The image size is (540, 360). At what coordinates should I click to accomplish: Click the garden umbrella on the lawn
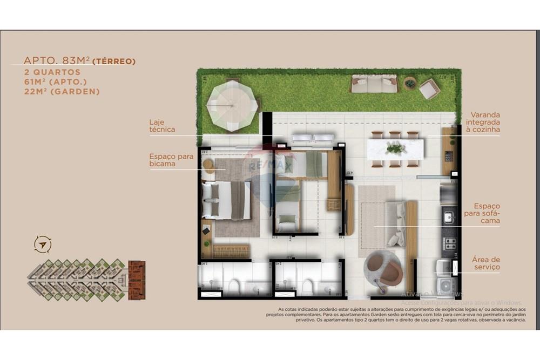232,105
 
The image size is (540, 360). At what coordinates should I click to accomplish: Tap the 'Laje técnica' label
162,126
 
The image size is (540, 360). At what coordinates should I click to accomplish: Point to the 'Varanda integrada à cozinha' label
485,123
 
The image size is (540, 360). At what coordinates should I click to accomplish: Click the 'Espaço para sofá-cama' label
487,213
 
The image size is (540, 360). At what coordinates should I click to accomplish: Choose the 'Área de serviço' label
486,263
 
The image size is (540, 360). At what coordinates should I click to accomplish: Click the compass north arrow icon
42,244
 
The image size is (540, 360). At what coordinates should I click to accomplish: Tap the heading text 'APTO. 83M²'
57,61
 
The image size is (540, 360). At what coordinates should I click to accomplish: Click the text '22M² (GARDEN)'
62,92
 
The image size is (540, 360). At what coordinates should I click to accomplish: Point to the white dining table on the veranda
395,149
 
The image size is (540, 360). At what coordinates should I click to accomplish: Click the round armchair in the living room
383,268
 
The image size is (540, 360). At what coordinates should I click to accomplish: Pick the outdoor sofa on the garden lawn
374,84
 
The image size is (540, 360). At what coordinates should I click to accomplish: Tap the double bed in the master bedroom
227,200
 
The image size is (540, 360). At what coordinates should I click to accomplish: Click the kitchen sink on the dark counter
448,217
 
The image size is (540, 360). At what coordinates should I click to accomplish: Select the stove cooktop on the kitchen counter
449,244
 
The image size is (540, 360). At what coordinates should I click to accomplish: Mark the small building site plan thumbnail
86,280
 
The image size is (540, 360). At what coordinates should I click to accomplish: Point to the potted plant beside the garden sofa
410,84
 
